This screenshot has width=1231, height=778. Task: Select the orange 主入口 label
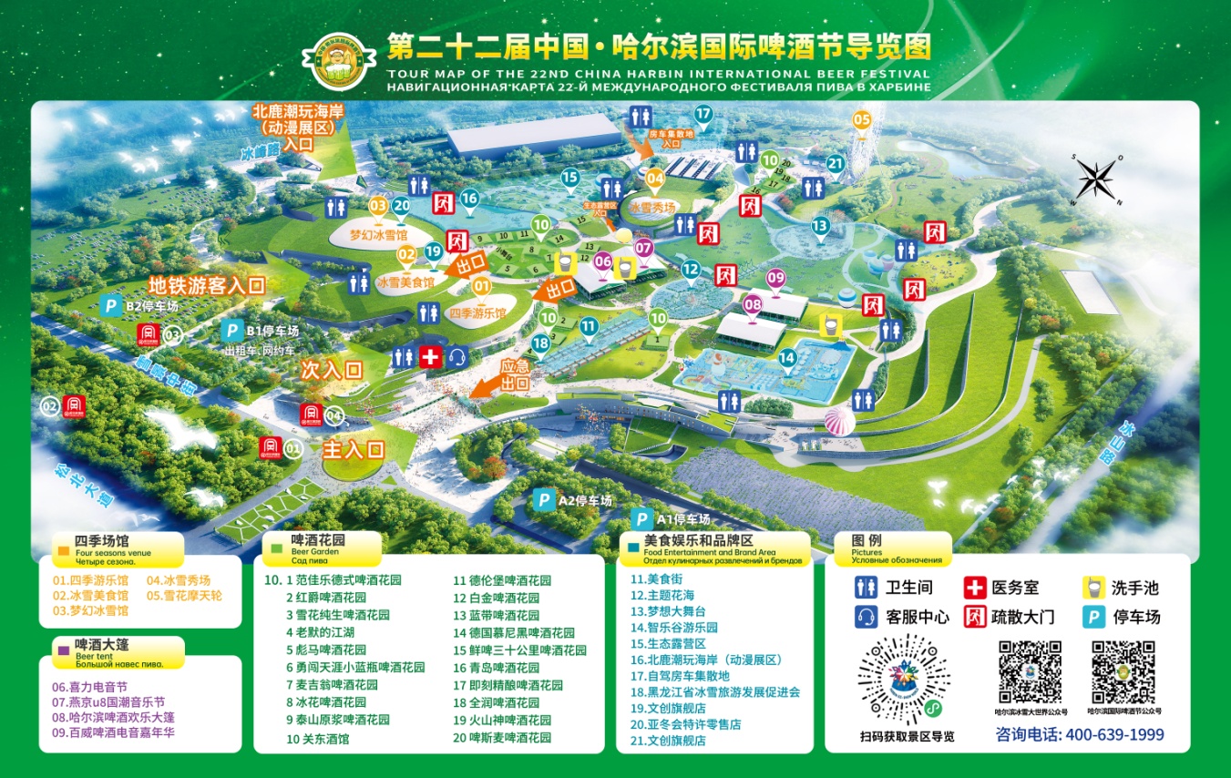pos(354,449)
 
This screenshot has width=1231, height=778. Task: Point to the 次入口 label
pos(333,370)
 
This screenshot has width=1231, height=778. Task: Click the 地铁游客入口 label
pos(207,285)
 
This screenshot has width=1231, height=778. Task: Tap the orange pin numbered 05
pos(861,119)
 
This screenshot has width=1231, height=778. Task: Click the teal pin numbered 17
pos(703,115)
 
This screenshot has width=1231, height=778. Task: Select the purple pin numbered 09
pos(775,278)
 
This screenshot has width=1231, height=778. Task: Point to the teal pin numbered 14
pos(787,358)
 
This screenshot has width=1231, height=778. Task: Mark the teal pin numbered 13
pos(820,226)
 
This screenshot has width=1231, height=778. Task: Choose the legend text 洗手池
pos(1134,589)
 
